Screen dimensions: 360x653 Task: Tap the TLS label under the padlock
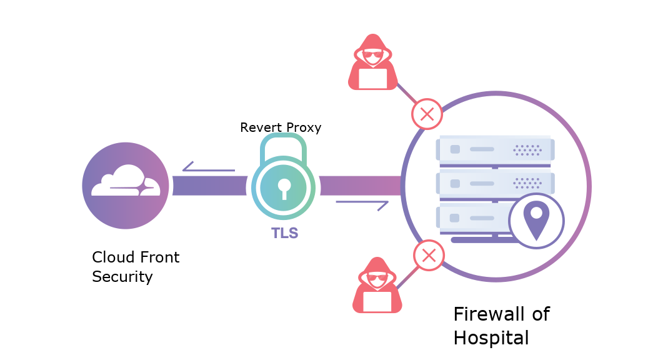284,233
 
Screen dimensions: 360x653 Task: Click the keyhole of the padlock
284,187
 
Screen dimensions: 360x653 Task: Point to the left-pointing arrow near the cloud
208,169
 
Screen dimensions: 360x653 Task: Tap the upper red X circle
427,114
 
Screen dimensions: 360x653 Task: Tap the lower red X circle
429,255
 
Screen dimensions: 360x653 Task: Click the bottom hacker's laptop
377,302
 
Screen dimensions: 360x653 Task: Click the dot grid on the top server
527,150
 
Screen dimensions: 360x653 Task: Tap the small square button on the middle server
455,183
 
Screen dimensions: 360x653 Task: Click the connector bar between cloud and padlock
209,186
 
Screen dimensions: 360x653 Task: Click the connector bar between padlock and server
360,186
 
